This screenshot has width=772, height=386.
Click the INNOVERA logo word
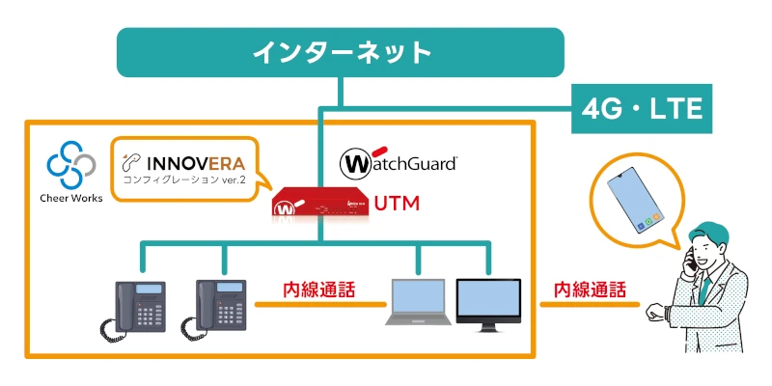[x=188, y=159]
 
